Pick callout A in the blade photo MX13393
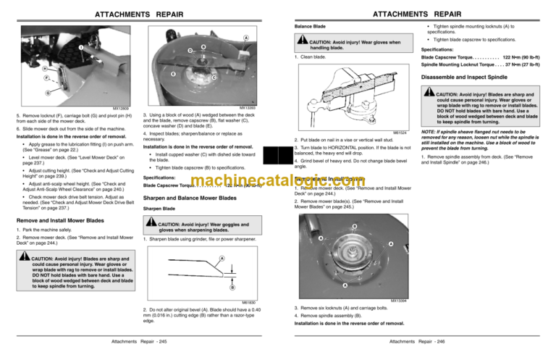point(246,38)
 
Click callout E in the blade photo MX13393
point(172,75)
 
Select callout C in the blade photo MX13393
point(214,78)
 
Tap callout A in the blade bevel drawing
point(222,259)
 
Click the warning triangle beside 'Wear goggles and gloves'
point(151,225)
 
